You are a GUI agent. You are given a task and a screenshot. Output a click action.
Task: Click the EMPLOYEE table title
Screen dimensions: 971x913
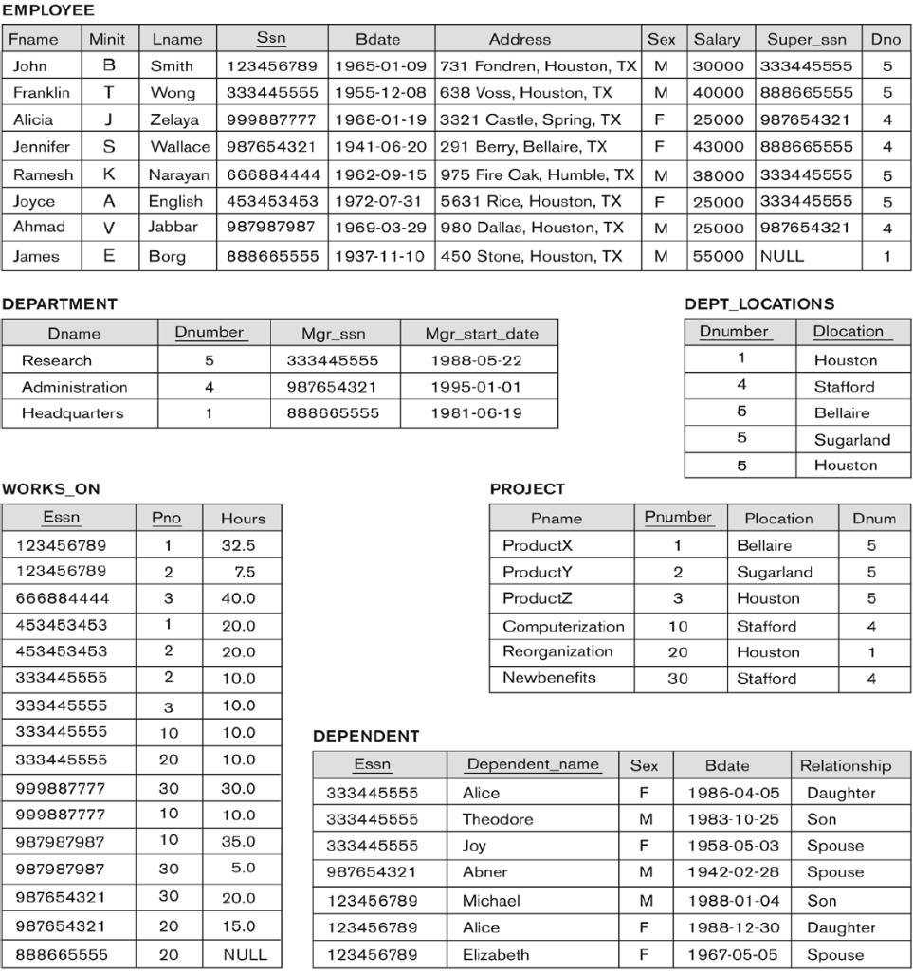click(x=48, y=11)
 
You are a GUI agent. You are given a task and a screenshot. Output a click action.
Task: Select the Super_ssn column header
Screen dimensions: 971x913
click(x=808, y=39)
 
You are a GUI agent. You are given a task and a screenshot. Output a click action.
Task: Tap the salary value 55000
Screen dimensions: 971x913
click(x=718, y=256)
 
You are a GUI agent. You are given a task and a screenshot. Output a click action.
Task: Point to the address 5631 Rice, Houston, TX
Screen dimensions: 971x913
click(x=530, y=201)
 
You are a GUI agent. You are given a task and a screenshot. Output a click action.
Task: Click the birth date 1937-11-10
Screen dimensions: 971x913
click(x=378, y=256)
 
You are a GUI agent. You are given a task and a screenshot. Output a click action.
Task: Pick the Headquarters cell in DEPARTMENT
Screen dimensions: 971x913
click(x=73, y=413)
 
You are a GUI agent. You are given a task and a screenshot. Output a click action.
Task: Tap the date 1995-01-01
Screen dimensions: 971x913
click(x=476, y=387)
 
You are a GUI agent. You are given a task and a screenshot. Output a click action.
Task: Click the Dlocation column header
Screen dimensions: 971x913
click(x=848, y=332)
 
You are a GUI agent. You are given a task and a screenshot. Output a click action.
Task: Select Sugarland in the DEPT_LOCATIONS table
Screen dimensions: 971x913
click(x=851, y=440)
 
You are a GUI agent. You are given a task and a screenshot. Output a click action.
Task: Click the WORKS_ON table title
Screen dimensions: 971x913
click(x=50, y=489)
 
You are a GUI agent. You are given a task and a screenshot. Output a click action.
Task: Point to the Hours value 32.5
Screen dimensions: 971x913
click(x=238, y=545)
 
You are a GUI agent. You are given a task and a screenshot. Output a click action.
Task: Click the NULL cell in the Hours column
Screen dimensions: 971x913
click(x=244, y=954)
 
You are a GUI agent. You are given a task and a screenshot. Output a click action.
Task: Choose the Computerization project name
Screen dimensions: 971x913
click(x=563, y=626)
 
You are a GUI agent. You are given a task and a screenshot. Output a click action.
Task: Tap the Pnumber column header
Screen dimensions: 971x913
click(x=678, y=518)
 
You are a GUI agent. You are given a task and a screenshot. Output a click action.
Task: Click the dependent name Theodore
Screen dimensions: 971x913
click(x=498, y=819)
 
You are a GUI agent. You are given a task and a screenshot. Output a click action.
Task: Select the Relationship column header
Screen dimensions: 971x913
click(x=845, y=765)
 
